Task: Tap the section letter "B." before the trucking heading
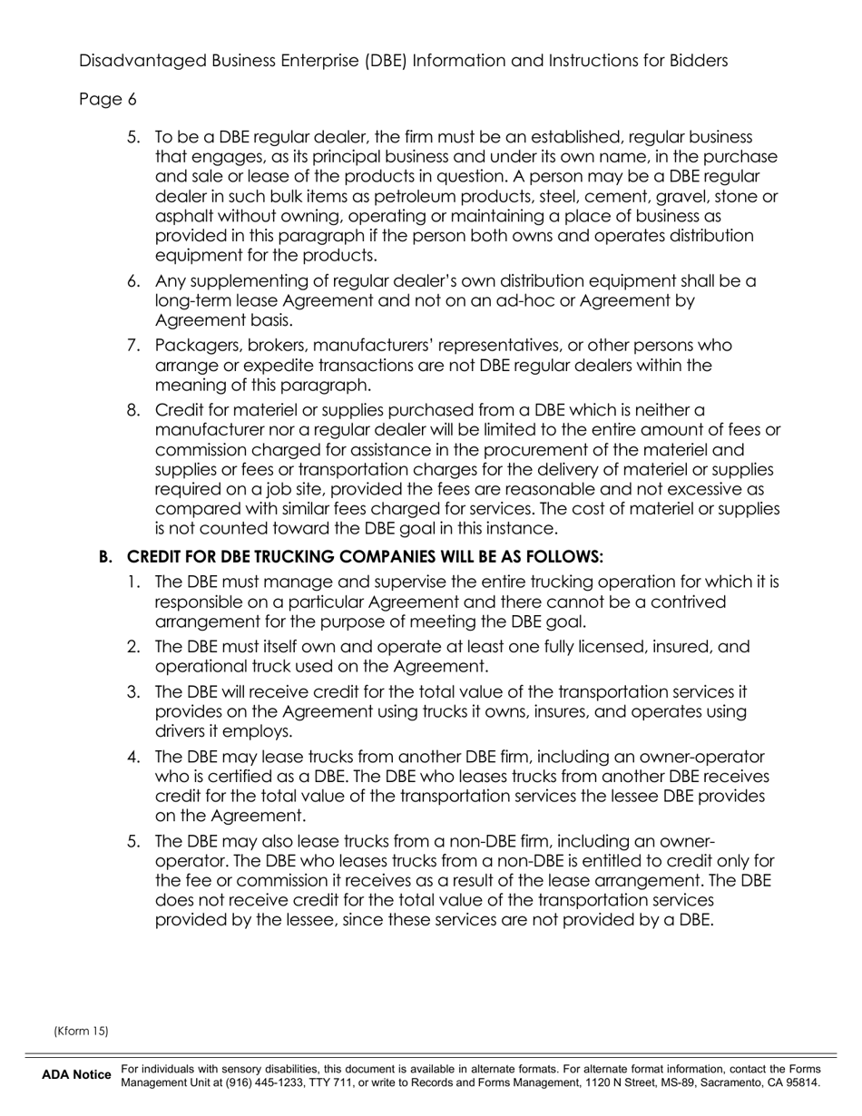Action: tap(105, 556)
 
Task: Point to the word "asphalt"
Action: tap(185, 216)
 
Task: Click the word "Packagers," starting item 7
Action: tap(197, 346)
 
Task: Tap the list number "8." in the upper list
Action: tap(133, 410)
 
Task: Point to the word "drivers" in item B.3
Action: tap(181, 731)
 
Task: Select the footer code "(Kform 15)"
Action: tap(81, 1031)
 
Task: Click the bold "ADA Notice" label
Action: tap(76, 1076)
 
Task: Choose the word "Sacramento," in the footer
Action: tap(761, 1082)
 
